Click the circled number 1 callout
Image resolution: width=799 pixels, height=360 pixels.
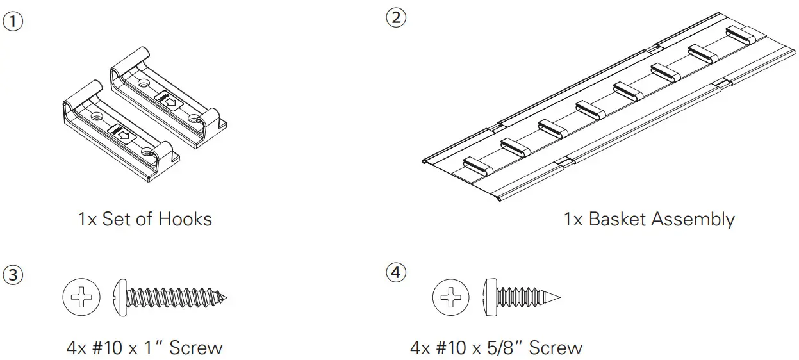pyautogui.click(x=14, y=21)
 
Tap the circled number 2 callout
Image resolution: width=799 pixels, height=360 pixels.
pyautogui.click(x=395, y=18)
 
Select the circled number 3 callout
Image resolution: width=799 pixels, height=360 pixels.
pyautogui.click(x=14, y=275)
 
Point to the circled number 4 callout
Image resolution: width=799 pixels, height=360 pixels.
pyautogui.click(x=395, y=273)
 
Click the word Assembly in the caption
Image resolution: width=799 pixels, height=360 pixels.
pyautogui.click(x=693, y=219)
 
